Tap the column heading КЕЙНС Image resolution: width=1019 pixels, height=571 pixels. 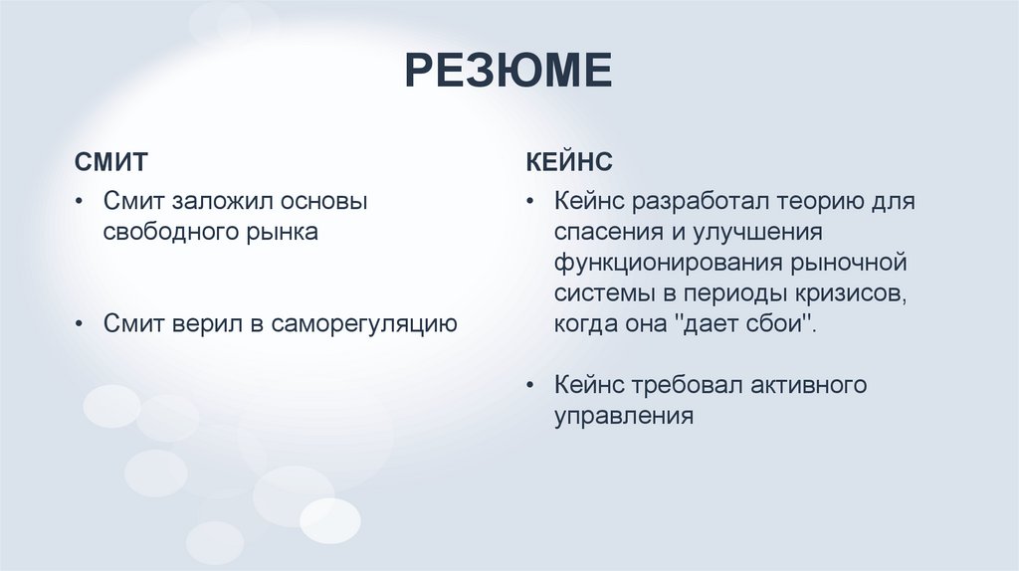[x=569, y=161]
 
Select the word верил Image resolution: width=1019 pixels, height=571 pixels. [x=206, y=323]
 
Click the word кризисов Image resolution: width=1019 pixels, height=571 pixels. [x=849, y=294]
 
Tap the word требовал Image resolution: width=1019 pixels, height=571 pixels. [x=685, y=384]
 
